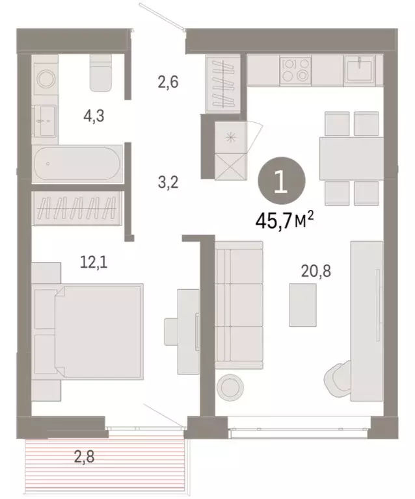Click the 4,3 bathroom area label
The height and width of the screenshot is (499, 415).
pos(94,117)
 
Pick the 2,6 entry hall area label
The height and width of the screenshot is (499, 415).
pos(167,83)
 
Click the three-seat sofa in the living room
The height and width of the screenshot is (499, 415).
pos(239,304)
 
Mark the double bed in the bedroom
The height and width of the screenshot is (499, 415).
pos(90,333)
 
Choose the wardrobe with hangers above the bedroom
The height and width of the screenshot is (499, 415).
pos(76,209)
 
